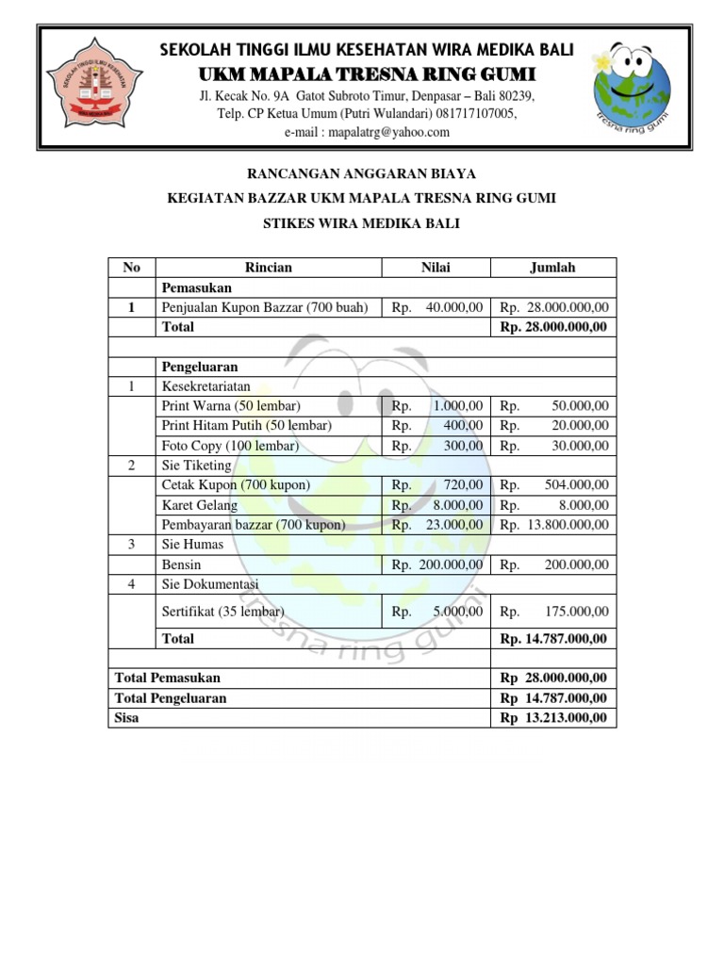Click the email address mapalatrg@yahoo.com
coord(367,132)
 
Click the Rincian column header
coord(268,268)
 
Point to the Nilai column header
coord(436,268)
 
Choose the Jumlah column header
coord(553,268)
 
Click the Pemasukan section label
coord(197,287)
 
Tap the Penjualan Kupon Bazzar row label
coord(265,307)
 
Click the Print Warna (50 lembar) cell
coord(231,406)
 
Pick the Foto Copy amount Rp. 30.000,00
coord(554,446)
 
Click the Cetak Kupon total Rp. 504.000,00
coord(554,485)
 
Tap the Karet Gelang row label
coord(200,505)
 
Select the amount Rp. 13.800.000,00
coord(554,525)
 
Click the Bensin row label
coord(182,564)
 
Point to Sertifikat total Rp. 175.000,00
coord(554,612)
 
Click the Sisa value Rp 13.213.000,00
coord(554,718)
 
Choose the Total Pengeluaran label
coord(170,698)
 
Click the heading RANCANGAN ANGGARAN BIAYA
coord(361,174)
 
